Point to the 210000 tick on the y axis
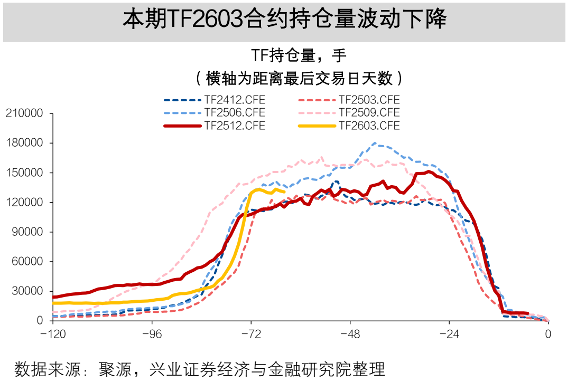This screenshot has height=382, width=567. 23,113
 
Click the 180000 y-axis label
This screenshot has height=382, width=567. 23,143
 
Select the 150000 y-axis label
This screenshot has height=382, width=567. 23,173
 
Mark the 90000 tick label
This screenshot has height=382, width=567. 26,232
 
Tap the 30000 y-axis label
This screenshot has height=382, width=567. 26,291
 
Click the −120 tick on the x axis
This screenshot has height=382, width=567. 52,334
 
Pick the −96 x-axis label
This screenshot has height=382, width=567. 152,334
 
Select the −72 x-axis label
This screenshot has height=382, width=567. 251,334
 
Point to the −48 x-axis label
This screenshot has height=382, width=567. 350,334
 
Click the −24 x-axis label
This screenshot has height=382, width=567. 449,334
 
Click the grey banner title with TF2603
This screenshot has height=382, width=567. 284,21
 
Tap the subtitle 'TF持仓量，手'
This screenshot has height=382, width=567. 298,55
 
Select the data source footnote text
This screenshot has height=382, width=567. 200,368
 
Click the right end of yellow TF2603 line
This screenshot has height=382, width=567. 285,192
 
